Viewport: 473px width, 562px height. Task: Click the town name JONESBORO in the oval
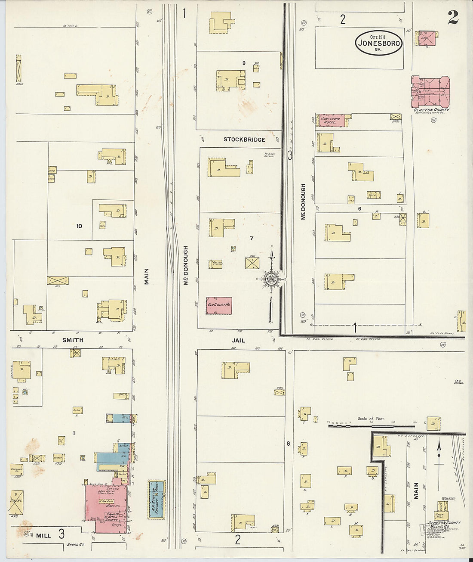(x=379, y=43)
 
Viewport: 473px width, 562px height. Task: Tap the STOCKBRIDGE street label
(x=244, y=140)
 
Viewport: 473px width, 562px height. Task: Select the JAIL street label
(x=238, y=340)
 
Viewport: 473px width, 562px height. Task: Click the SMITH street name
(x=73, y=340)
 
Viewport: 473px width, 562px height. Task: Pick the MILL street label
(x=43, y=536)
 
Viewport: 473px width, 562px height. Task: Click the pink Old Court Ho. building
(x=219, y=305)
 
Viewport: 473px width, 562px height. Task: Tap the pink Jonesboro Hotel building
(x=332, y=121)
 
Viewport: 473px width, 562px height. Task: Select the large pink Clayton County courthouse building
(x=430, y=91)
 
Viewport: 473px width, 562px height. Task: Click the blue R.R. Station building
(x=157, y=499)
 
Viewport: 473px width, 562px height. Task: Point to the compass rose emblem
(x=271, y=279)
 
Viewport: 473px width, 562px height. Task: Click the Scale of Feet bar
(x=372, y=425)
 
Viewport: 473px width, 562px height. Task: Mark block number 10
(x=79, y=226)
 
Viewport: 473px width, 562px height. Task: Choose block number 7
(x=252, y=238)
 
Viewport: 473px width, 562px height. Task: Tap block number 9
(x=243, y=63)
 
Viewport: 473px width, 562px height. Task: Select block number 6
(x=359, y=208)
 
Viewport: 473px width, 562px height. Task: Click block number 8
(x=289, y=443)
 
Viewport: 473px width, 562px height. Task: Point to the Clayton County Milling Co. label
(x=444, y=525)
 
